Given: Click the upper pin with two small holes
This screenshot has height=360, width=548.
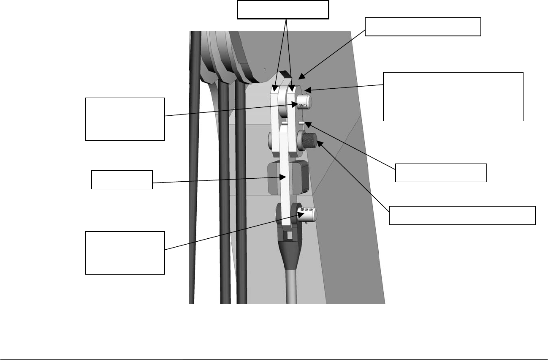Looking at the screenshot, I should click(303, 102).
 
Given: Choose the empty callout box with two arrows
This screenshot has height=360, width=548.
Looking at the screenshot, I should click(283, 10).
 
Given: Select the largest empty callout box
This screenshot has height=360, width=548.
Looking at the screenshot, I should click(453, 97).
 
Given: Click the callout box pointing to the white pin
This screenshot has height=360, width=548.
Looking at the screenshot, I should click(441, 172).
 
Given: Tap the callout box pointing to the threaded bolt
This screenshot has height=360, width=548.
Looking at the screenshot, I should click(462, 215).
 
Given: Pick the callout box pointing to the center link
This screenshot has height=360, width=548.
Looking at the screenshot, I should click(122, 180).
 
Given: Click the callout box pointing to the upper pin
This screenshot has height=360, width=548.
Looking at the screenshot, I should click(125, 119).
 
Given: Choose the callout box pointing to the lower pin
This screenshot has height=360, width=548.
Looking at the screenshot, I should click(125, 253).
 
